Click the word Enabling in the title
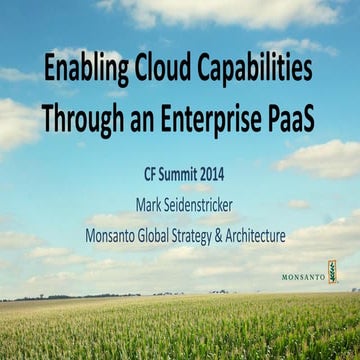click(87, 71)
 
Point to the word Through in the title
click(83, 117)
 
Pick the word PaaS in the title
click(297, 117)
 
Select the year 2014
click(222, 182)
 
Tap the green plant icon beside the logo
click(331, 272)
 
